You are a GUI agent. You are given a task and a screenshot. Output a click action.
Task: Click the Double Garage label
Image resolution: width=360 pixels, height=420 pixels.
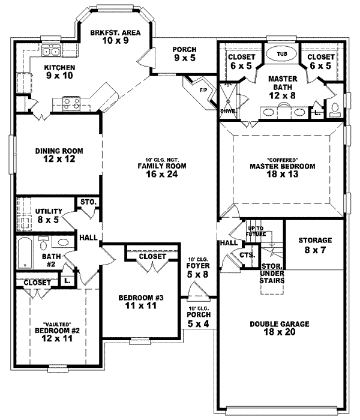tap(279, 328)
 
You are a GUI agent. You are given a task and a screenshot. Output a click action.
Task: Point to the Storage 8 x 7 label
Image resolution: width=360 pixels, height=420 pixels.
tap(315, 244)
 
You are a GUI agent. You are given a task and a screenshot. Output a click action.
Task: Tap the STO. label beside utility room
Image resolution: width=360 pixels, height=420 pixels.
tap(88, 203)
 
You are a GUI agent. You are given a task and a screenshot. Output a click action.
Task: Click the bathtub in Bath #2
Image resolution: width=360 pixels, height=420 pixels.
tap(25, 253)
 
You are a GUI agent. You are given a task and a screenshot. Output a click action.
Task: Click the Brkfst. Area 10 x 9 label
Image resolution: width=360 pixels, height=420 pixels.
tap(115, 38)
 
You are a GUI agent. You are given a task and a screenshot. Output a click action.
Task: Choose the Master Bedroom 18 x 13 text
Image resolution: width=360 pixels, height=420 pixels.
tap(282, 170)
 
